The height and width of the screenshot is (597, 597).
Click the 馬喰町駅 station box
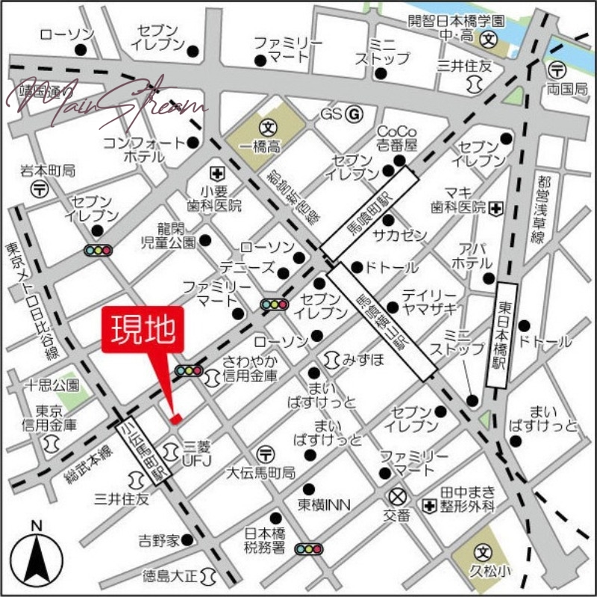point(370,214)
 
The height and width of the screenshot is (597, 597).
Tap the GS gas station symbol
point(354,115)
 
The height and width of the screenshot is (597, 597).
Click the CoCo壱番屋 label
point(396,137)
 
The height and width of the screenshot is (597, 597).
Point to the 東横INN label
point(325,505)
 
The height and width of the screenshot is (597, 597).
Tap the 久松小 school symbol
point(484,555)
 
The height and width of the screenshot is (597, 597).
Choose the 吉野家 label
point(159,540)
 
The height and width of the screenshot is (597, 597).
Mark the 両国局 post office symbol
point(557,71)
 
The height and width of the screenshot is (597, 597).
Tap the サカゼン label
point(400,236)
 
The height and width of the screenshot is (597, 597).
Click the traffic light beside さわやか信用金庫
point(188,370)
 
